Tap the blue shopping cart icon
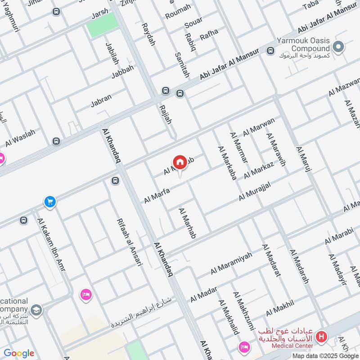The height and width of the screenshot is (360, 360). [x=50, y=202]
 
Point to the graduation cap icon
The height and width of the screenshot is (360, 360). [x=36, y=310]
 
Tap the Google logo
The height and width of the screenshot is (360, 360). [x=18, y=353]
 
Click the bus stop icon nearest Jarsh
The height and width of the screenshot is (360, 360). [x=56, y=12]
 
